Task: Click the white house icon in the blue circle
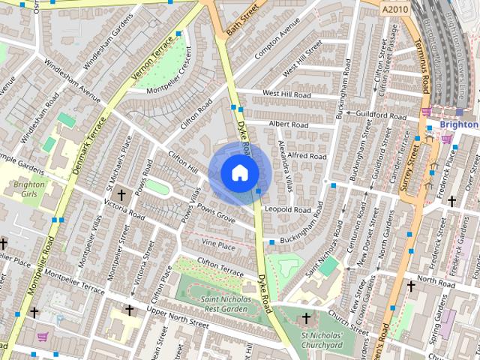tap(239, 173)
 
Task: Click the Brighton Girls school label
tap(30, 187)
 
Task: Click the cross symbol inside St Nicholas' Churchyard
tap(307, 318)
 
